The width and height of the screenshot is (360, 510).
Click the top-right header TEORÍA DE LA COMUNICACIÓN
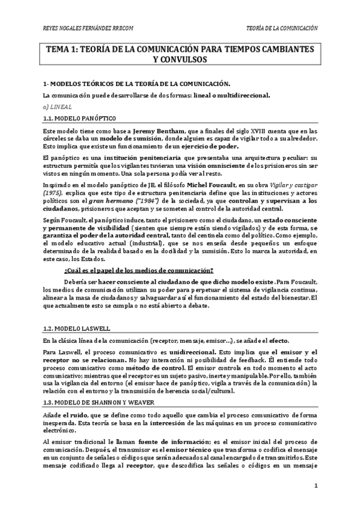(x=282, y=28)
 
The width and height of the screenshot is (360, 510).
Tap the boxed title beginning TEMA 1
(x=180, y=55)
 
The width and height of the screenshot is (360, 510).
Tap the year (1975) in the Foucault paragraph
(x=54, y=191)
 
